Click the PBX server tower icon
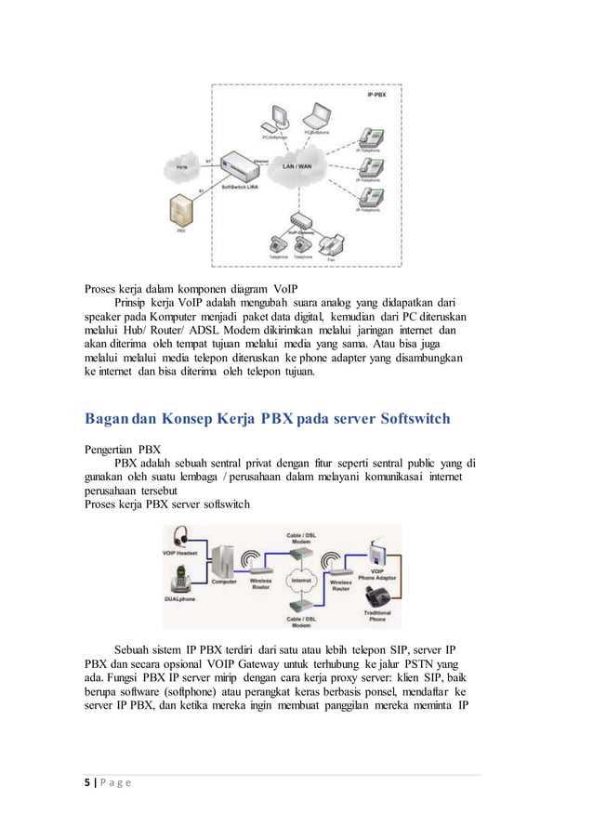tap(181, 213)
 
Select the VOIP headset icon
tap(178, 540)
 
